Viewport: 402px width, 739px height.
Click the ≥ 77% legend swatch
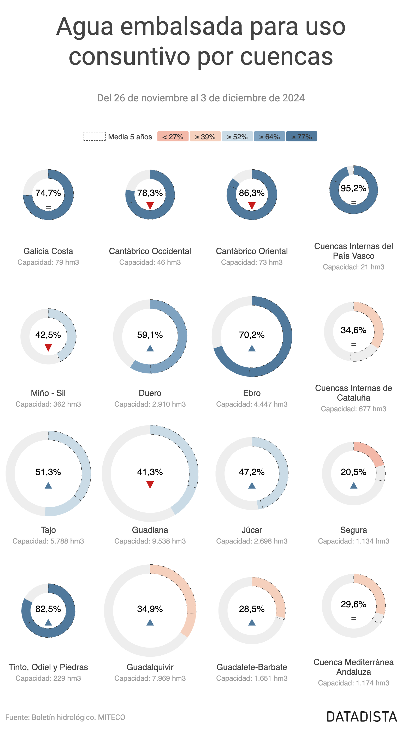pyautogui.click(x=301, y=136)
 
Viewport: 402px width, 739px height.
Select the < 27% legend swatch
pyautogui.click(x=173, y=136)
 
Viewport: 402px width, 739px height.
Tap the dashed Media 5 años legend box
pyautogui.click(x=94, y=136)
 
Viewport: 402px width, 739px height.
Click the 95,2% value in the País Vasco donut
pyautogui.click(x=353, y=188)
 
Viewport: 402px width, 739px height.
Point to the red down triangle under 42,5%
pyautogui.click(x=48, y=348)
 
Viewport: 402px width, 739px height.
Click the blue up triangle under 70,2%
pyautogui.click(x=252, y=348)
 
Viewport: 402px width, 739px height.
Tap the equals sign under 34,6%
pyautogui.click(x=353, y=344)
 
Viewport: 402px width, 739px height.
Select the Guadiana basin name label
pyautogui.click(x=150, y=530)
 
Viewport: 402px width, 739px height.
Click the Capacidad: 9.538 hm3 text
pyautogui.click(x=150, y=541)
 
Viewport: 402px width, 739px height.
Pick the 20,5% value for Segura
pyautogui.click(x=353, y=472)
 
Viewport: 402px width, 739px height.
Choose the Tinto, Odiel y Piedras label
pyautogui.click(x=48, y=667)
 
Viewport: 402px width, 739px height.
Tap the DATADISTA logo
pyautogui.click(x=362, y=717)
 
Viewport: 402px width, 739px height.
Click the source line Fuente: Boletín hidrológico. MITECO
pyautogui.click(x=65, y=717)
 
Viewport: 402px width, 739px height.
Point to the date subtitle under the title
pyautogui.click(x=201, y=98)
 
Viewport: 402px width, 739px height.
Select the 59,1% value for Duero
pyautogui.click(x=150, y=335)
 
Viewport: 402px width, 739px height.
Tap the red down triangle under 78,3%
pyautogui.click(x=150, y=206)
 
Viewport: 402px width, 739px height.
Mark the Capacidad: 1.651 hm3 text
pyautogui.click(x=252, y=678)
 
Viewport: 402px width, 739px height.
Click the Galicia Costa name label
pyautogui.click(x=48, y=251)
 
